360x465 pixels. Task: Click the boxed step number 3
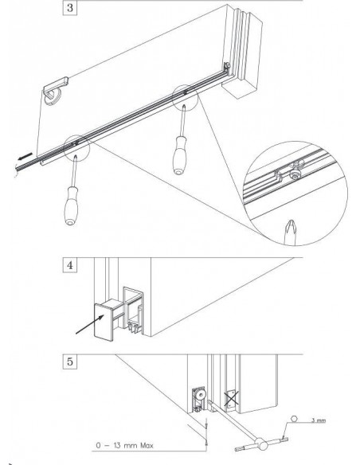69,7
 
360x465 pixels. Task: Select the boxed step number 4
69,265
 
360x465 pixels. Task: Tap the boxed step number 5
69,361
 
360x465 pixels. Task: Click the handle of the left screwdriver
71,205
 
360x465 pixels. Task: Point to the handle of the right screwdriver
180,155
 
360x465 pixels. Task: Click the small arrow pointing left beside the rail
25,156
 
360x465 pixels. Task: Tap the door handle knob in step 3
53,96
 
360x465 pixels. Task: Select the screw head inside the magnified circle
295,175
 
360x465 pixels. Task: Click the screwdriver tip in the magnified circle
290,232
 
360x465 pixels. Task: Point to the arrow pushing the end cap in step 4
90,324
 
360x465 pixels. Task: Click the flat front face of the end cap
104,322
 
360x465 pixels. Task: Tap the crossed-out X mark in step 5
231,398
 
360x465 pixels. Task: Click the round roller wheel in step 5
202,395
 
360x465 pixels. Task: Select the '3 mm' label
319,420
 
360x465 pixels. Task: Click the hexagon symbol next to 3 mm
294,419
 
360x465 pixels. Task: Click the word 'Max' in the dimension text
147,445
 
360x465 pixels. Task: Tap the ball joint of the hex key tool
261,444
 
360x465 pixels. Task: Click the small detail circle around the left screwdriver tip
76,148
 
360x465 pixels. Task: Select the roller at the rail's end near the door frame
227,65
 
